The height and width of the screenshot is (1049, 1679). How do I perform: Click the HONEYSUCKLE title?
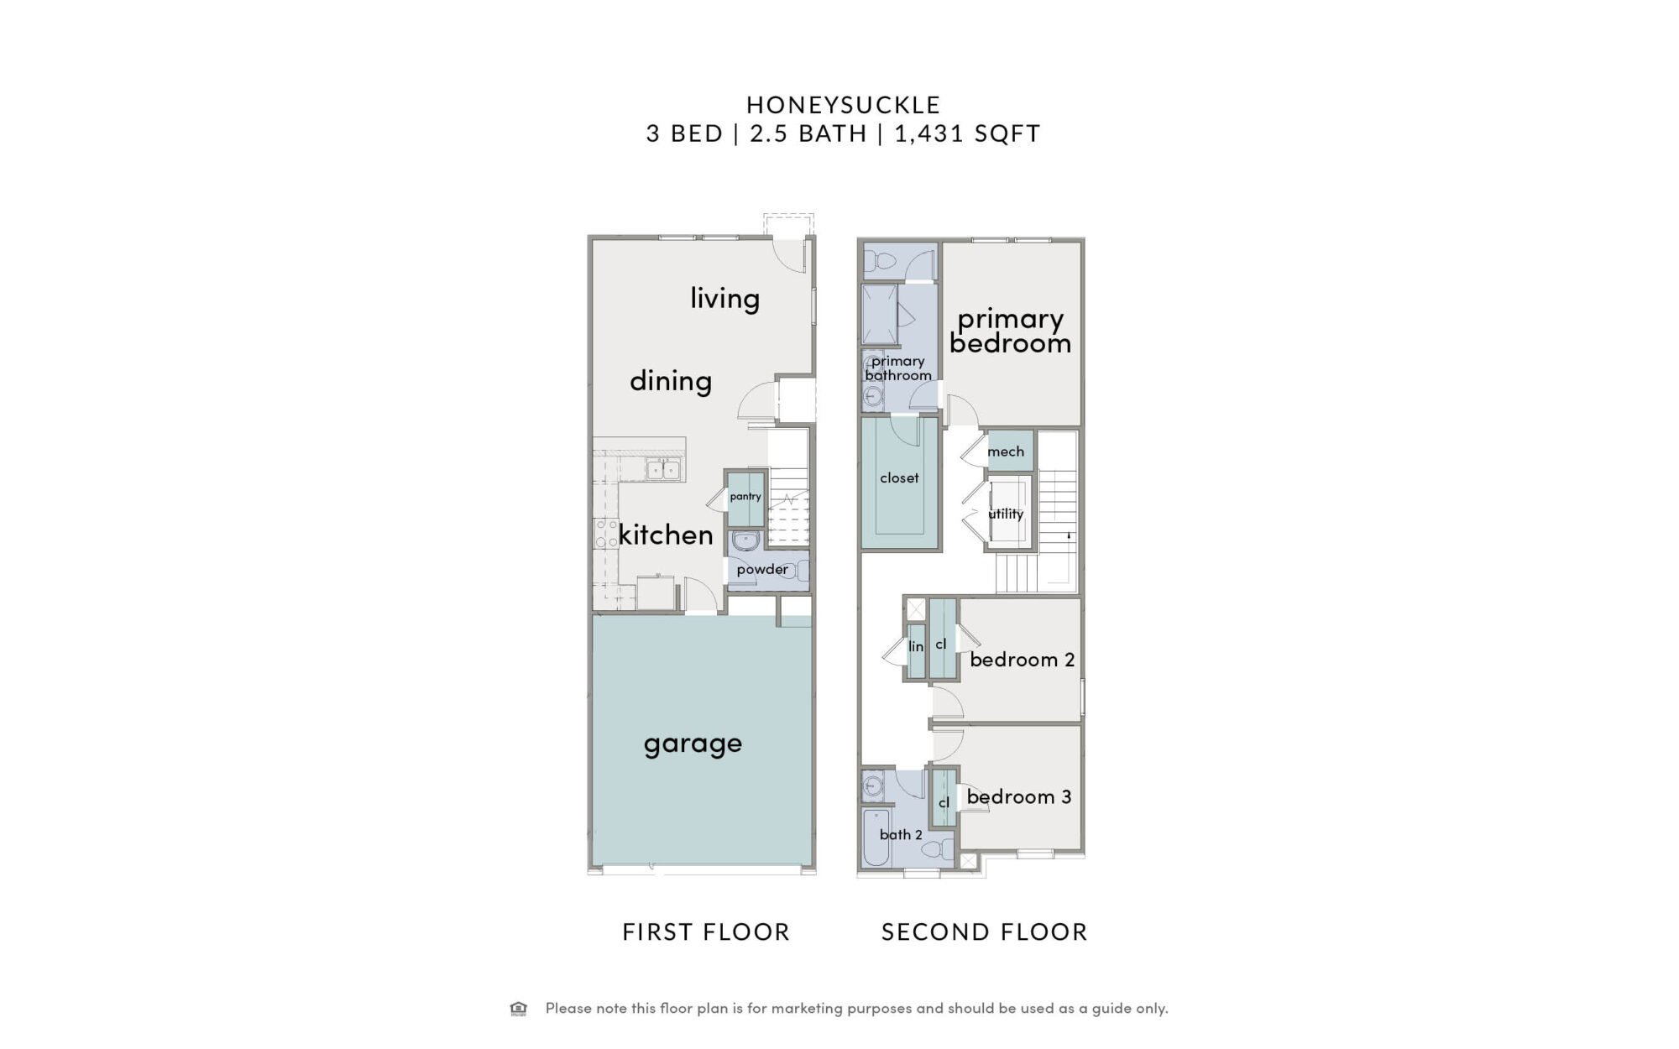coord(844,105)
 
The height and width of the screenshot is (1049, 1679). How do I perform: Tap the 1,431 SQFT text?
coord(967,133)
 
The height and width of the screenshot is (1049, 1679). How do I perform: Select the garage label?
coord(693,744)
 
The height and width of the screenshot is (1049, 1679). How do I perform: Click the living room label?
coord(724,299)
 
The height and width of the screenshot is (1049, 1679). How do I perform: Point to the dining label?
coord(671,381)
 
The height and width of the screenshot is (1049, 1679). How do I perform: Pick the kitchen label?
coord(666,535)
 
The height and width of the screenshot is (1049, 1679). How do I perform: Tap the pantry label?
coord(745,497)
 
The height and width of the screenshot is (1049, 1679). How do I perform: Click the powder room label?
coord(762,570)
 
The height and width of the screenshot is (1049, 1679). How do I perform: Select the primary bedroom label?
coord(1011,331)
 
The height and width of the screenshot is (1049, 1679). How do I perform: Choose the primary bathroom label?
coord(898,368)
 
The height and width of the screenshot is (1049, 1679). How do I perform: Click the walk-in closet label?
coord(899,478)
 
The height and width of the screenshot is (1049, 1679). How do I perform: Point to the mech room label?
coord(1006,451)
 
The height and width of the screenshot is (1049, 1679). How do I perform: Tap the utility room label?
coord(1006,514)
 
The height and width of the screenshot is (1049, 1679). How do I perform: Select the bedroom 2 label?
coord(1023,660)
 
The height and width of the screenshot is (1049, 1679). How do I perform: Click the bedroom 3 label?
coord(1019,796)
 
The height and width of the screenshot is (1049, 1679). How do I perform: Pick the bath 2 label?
coord(901,834)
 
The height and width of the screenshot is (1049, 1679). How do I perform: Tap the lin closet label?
coord(916,646)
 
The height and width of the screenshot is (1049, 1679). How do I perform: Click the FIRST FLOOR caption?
coord(706,932)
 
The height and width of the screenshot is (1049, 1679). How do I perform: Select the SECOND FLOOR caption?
coord(985,932)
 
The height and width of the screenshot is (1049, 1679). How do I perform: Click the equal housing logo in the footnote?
coord(519,1009)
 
